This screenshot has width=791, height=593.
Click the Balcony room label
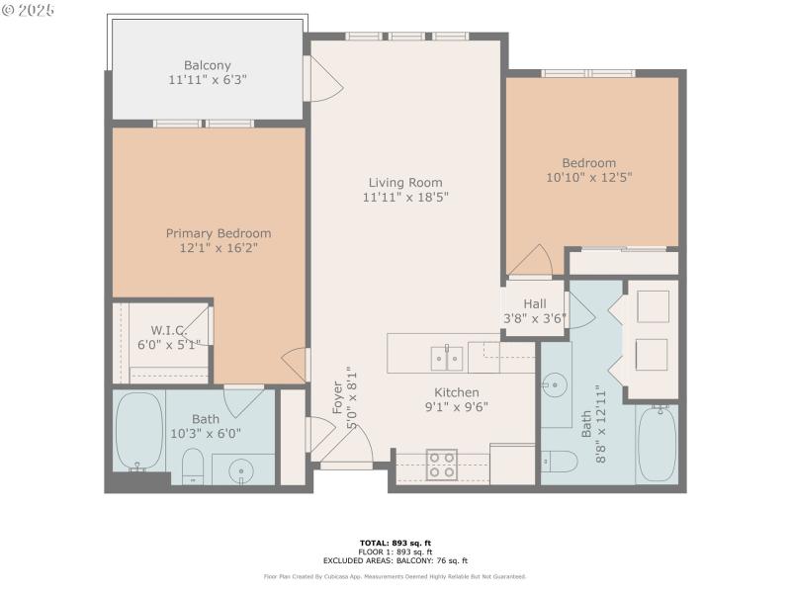[208, 65]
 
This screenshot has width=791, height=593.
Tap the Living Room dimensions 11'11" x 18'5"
[405, 197]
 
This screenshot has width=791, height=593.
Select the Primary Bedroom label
[218, 233]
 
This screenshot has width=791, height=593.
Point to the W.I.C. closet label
[168, 329]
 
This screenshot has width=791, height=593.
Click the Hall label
[534, 303]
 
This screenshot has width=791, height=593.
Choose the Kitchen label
[456, 391]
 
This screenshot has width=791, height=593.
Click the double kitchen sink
[448, 357]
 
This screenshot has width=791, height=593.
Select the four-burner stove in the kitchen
[441, 465]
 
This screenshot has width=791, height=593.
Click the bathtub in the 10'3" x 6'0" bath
[138, 433]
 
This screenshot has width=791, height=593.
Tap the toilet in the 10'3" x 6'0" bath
[193, 465]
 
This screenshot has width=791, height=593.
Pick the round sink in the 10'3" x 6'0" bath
[242, 471]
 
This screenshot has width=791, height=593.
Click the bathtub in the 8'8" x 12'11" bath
[656, 444]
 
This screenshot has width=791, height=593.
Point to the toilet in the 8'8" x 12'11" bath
[560, 460]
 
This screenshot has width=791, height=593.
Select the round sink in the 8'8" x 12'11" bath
[554, 382]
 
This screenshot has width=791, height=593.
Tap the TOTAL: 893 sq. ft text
[395, 543]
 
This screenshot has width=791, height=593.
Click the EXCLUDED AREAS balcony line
[395, 560]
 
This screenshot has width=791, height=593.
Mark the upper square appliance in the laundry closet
[653, 307]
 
